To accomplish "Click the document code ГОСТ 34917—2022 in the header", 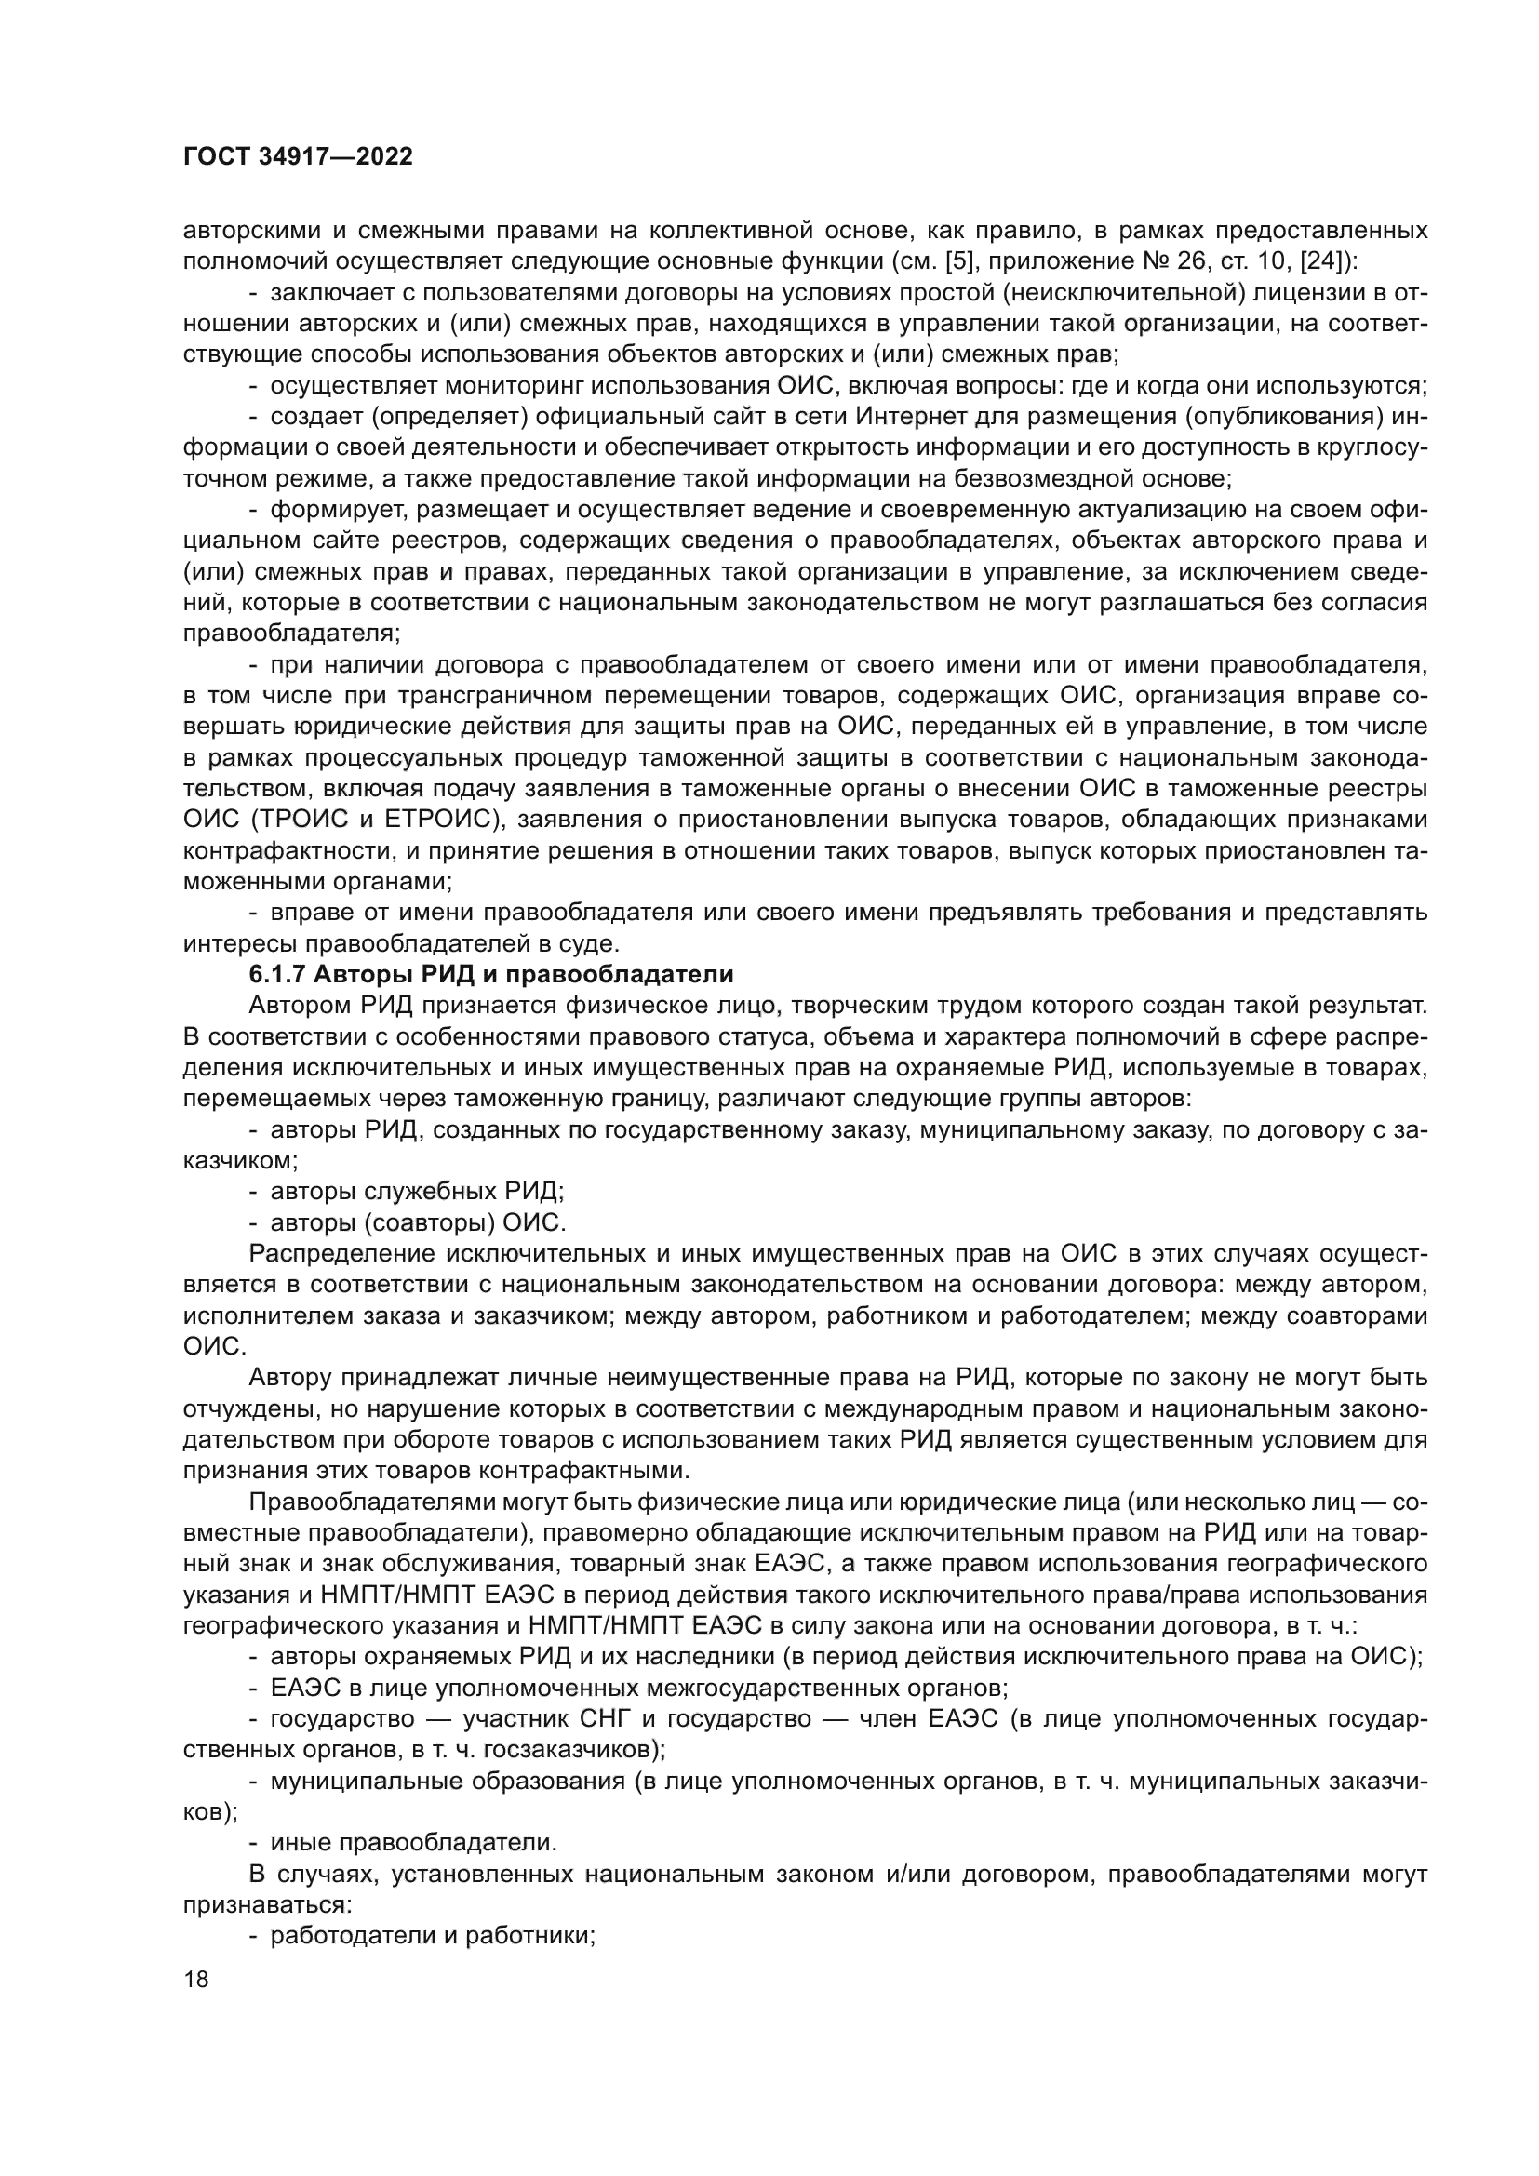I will pos(298,157).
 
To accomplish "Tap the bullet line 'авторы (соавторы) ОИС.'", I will pos(418,1222).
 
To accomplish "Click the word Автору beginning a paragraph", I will pos(289,1378).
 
